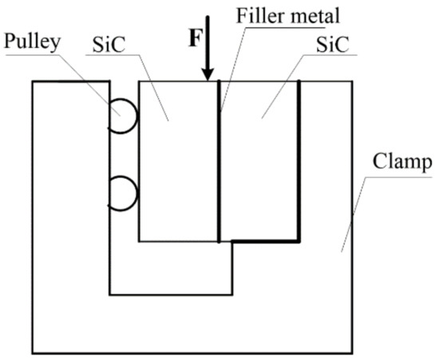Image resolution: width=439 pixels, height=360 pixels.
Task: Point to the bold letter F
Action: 192,40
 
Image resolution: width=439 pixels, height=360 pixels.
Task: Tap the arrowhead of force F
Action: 208,73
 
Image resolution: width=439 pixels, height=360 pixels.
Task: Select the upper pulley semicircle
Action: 126,117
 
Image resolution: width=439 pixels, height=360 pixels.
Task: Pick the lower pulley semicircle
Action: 126,194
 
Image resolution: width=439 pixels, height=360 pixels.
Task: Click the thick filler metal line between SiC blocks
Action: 219,160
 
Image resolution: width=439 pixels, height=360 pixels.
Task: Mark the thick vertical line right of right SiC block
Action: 299,160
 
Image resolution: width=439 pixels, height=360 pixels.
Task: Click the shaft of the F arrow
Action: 208,40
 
